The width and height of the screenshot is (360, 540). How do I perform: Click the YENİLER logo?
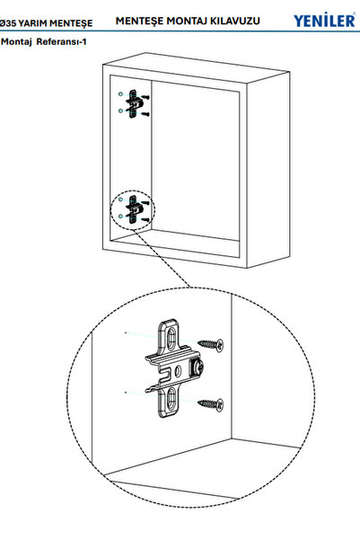point(323,21)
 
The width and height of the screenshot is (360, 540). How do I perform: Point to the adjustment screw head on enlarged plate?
point(201,367)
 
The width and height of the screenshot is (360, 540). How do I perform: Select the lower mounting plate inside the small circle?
point(133,210)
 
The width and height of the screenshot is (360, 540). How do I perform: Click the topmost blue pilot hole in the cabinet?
point(119,93)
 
